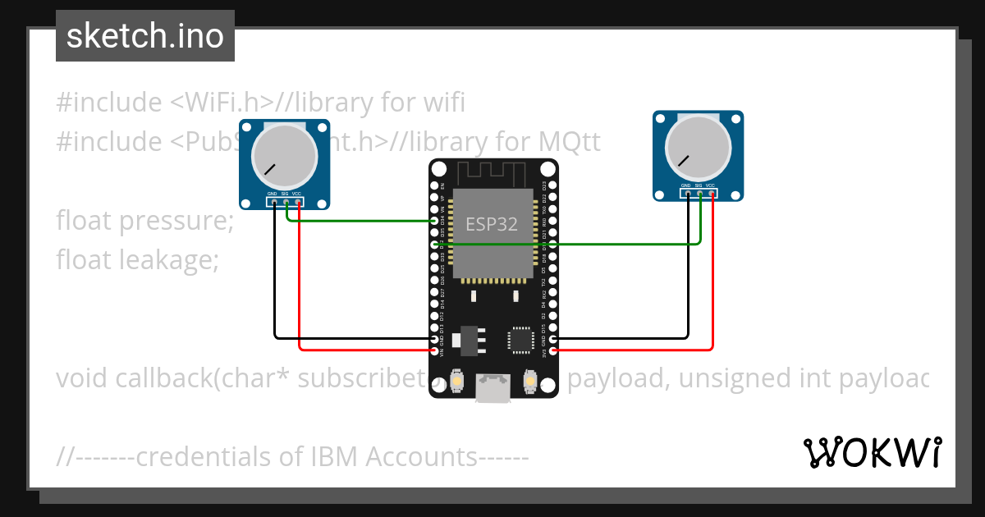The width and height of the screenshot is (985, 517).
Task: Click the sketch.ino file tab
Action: [x=145, y=36]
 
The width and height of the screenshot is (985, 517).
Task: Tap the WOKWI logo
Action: [x=872, y=452]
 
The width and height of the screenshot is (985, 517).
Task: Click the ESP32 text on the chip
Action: [x=492, y=224]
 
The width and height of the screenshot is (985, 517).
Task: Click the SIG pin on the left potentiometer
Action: [x=286, y=202]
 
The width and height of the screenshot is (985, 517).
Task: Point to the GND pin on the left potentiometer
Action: [x=274, y=202]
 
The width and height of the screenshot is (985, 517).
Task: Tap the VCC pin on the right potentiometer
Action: [x=712, y=194]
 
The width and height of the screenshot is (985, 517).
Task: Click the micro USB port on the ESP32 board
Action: [x=493, y=390]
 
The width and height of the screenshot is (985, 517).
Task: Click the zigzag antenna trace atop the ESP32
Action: [x=492, y=173]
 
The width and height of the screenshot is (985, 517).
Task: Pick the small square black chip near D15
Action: [x=520, y=339]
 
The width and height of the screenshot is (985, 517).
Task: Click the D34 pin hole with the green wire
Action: [x=434, y=221]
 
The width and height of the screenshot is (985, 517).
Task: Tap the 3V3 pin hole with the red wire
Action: [x=553, y=350]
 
